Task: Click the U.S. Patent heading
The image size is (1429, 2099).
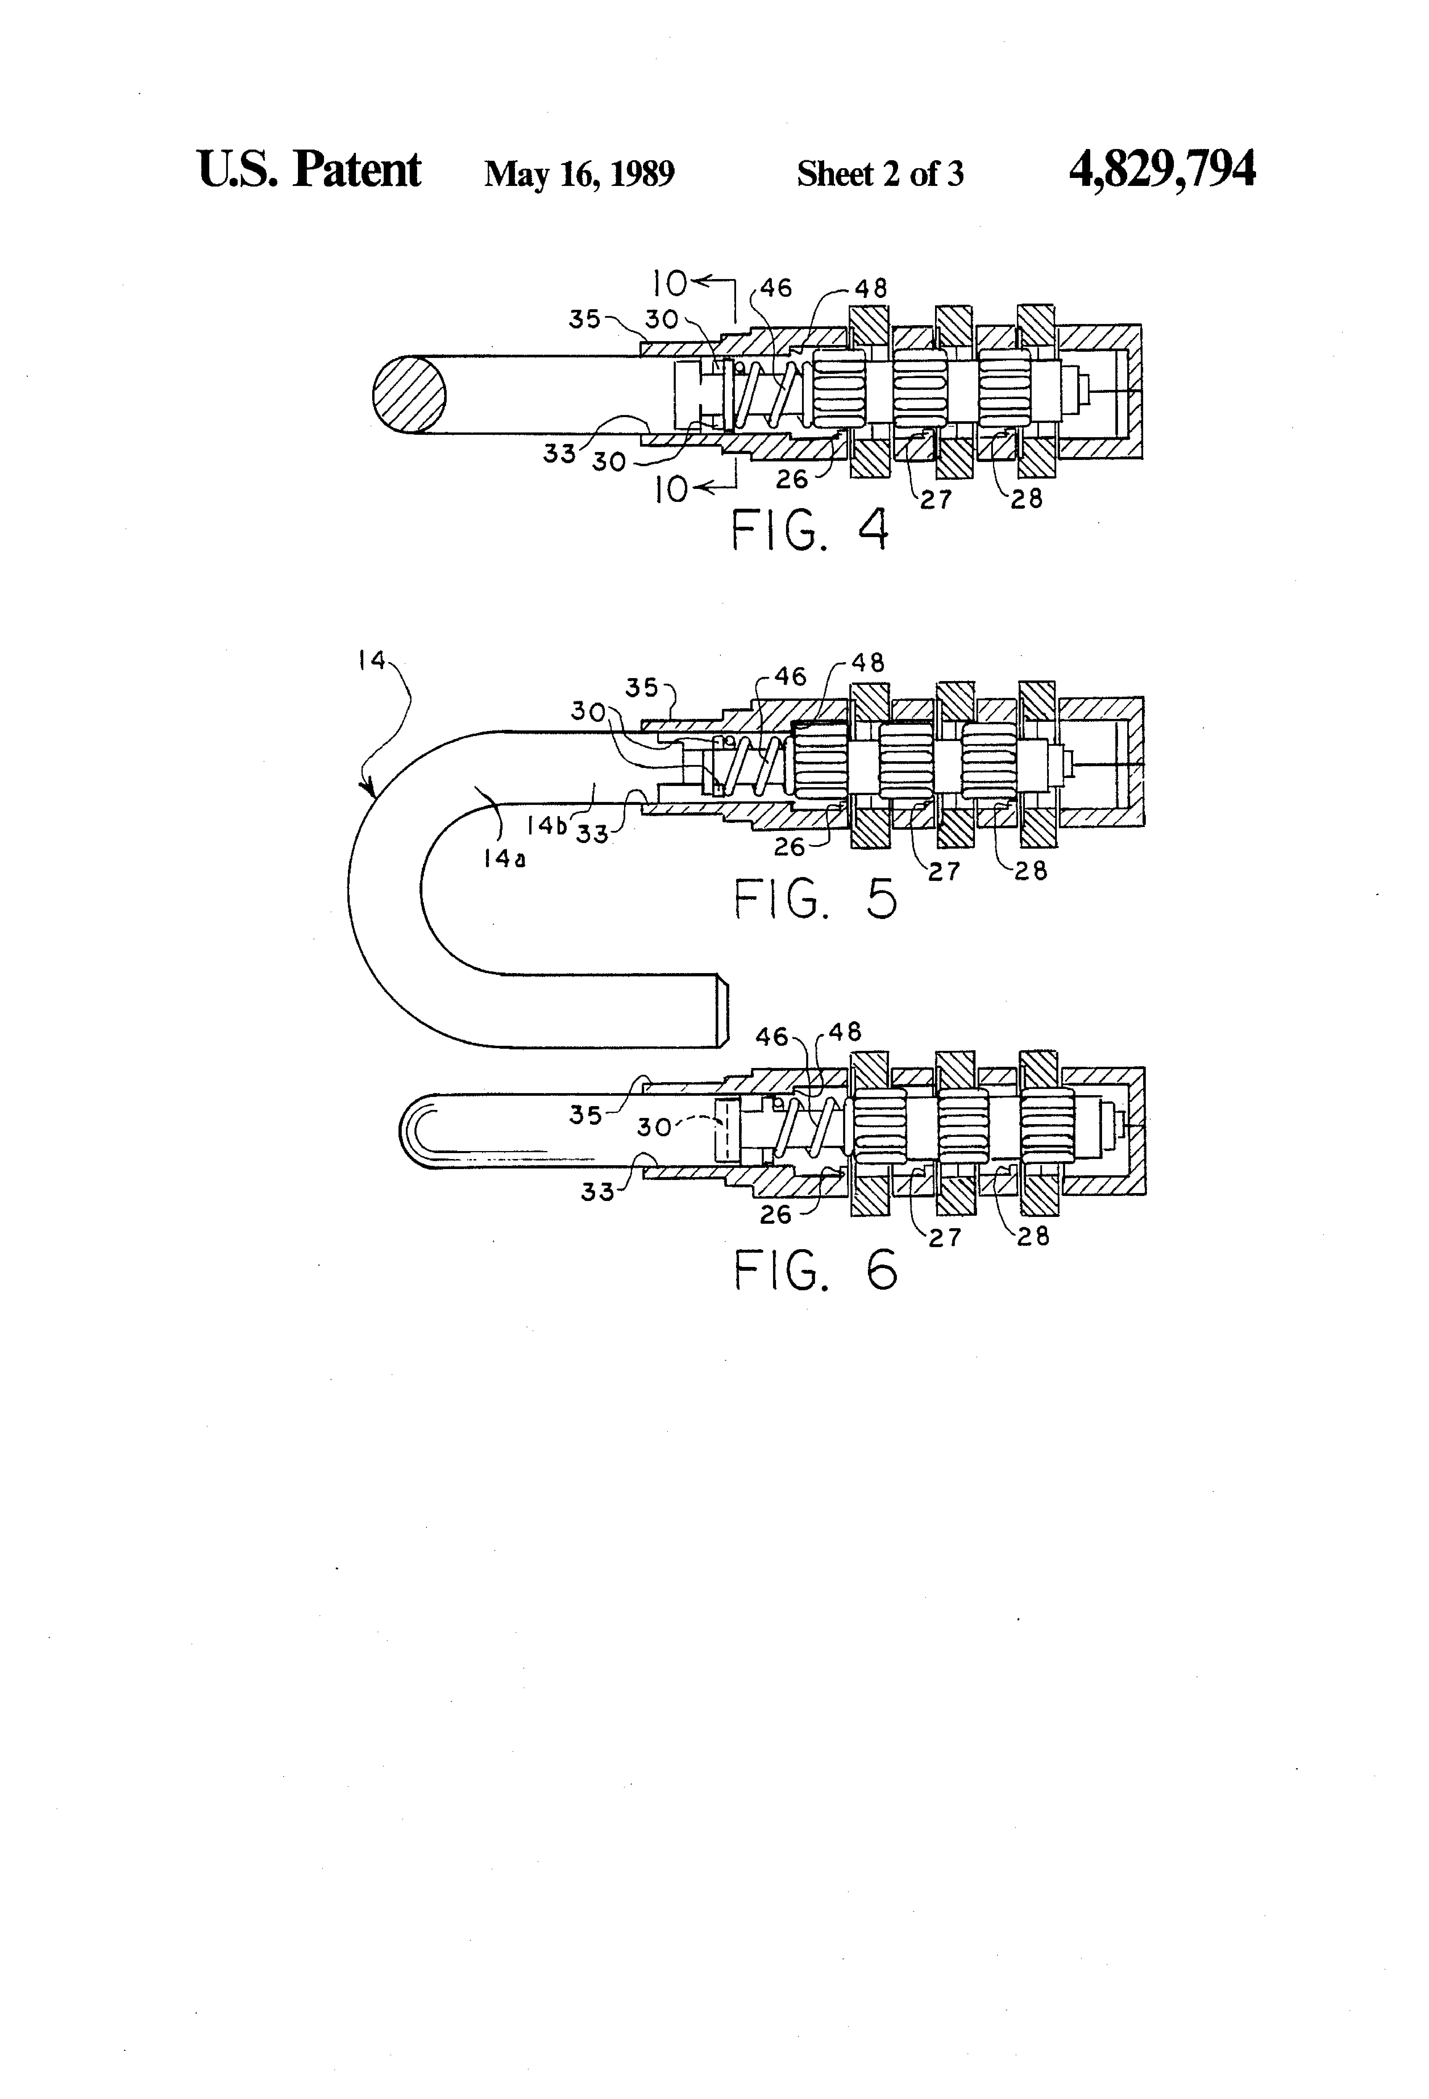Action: pyautogui.click(x=309, y=169)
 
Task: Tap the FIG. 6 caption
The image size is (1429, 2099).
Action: pyautogui.click(x=816, y=1270)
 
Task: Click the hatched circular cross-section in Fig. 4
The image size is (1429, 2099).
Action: pyautogui.click(x=409, y=394)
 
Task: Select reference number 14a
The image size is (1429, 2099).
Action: pyautogui.click(x=504, y=858)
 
